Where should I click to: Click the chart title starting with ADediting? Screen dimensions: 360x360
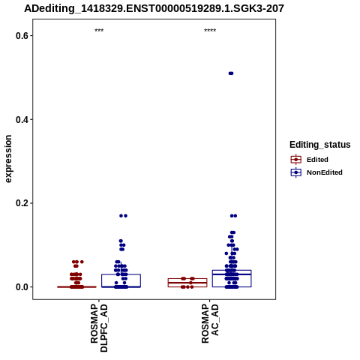point(154,8)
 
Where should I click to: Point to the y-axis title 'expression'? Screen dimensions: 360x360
point(8,159)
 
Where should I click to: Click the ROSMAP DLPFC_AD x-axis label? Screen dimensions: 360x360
point(99,328)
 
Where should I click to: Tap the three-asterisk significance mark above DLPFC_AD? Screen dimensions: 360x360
point(99,31)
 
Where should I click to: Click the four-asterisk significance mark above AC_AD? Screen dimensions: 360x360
point(210,31)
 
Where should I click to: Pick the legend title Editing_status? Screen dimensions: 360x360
point(320,145)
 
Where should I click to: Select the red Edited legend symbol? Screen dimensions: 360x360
point(296,160)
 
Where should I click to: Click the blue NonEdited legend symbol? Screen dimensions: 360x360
point(296,172)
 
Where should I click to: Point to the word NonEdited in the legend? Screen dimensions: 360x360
point(325,172)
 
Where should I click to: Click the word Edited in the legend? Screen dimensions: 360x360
point(317,160)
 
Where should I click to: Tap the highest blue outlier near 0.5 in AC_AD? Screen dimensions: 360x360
point(231,73)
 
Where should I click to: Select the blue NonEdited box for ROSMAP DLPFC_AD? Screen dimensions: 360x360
point(121,274)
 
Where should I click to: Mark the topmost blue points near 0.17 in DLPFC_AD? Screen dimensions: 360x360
point(123,216)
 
